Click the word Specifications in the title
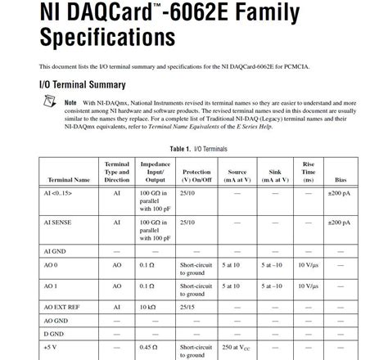[x=107, y=38]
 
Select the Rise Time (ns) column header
[x=308, y=172]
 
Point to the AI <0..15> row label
[x=57, y=193]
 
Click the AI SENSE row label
[x=57, y=222]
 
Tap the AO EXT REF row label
[x=62, y=307]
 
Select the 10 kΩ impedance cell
[x=147, y=307]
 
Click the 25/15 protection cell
[x=187, y=307]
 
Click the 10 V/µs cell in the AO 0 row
[x=308, y=265]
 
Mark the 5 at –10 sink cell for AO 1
[x=273, y=286]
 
